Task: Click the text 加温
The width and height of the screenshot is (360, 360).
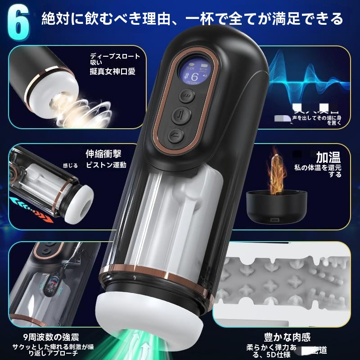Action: click(x=328, y=157)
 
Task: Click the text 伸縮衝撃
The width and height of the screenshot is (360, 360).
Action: click(x=103, y=154)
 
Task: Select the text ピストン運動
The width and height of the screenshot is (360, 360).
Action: click(x=106, y=165)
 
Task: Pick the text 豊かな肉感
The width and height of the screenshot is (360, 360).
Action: click(x=288, y=337)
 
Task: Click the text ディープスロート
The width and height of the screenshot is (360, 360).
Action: click(x=115, y=57)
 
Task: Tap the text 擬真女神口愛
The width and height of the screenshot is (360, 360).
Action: click(x=112, y=71)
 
